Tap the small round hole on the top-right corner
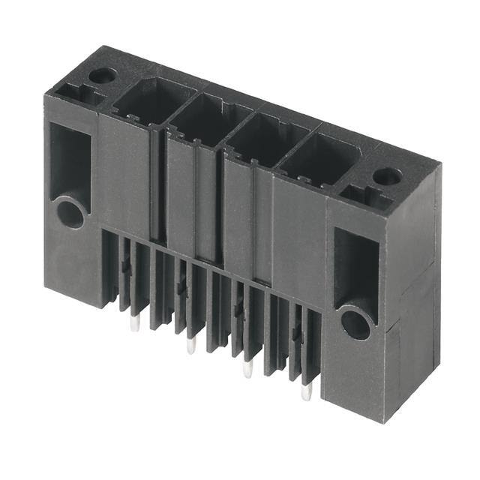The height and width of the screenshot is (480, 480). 387,177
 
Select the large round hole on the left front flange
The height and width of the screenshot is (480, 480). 70,212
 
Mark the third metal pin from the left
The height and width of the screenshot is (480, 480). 247,368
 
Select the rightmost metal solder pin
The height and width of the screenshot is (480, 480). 305,392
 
